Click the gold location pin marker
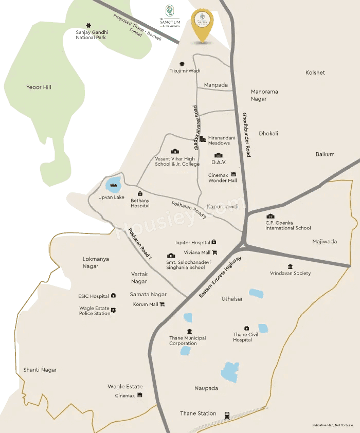[x=203, y=24]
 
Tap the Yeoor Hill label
[x=39, y=87]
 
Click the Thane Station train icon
[x=227, y=415]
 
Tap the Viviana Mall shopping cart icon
[x=214, y=252]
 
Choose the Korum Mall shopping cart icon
[x=162, y=304]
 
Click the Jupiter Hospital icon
[x=214, y=242]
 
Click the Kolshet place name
[x=315, y=73]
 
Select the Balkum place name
[x=325, y=154]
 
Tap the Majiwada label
[x=325, y=241]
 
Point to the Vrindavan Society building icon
[x=291, y=266]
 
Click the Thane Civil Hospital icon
[x=246, y=328]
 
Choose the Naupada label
[x=206, y=388]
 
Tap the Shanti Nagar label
[x=40, y=370]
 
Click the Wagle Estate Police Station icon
[x=114, y=310]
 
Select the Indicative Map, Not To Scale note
[x=332, y=425]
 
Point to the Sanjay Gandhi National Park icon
[x=89, y=25]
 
